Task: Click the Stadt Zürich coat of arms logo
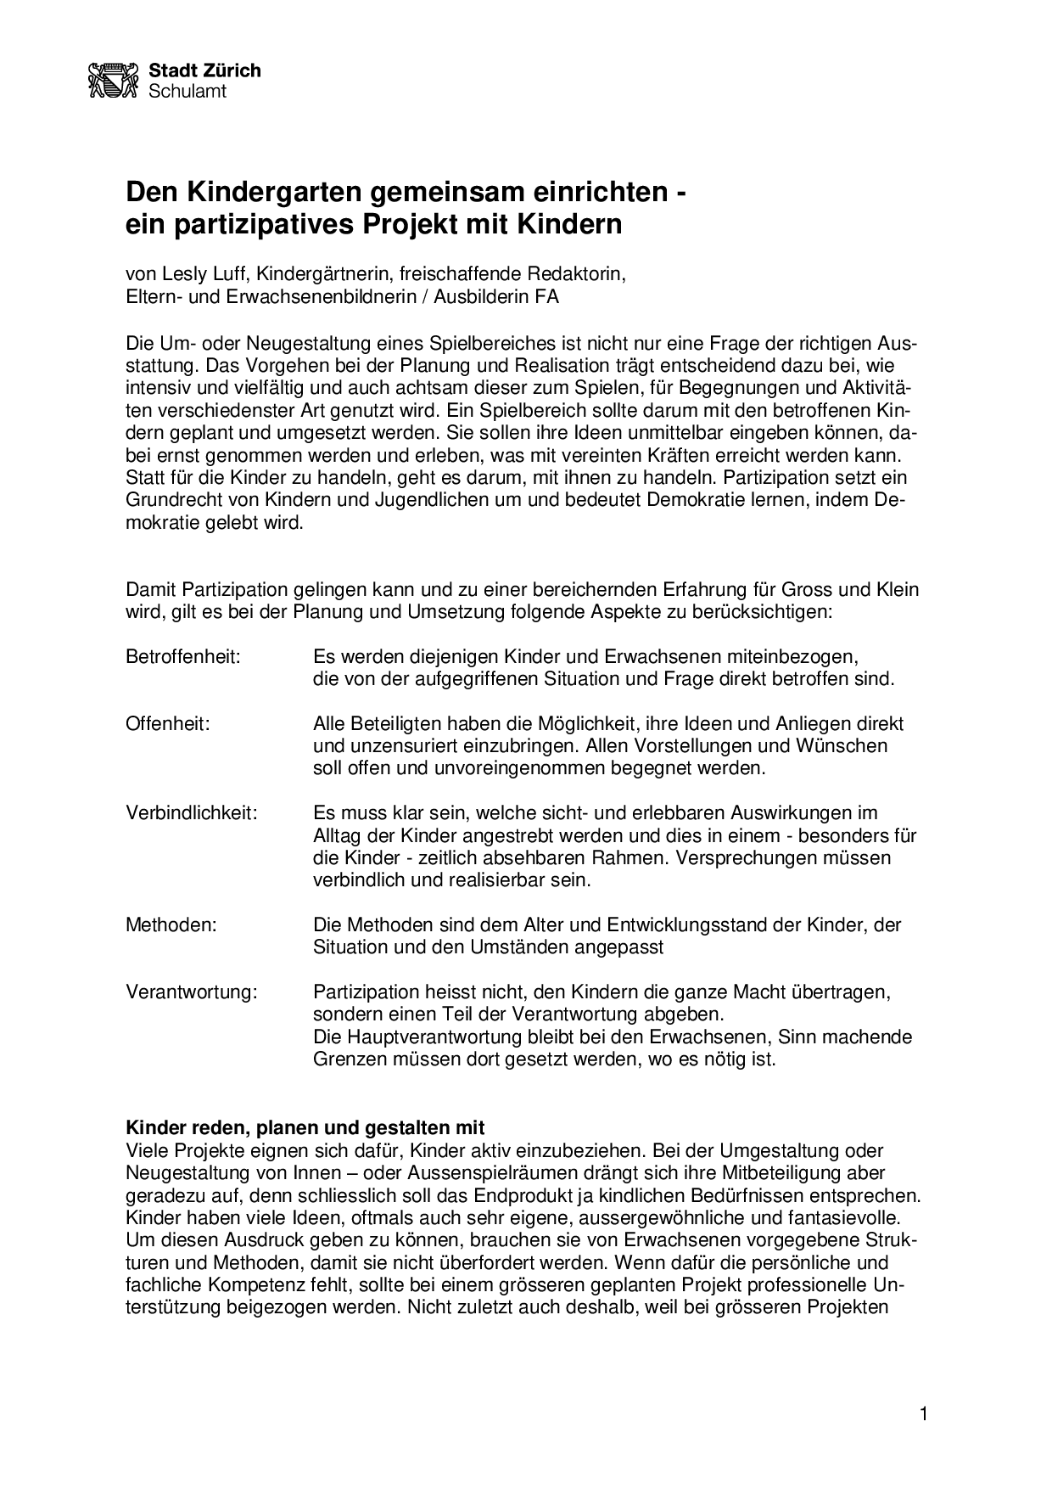pyautogui.click(x=113, y=80)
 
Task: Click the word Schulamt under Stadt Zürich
pyautogui.click(x=187, y=91)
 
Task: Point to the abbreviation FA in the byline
pyautogui.click(x=547, y=297)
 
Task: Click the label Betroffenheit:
pyautogui.click(x=183, y=657)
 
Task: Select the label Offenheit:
pyautogui.click(x=167, y=724)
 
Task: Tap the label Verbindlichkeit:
pyautogui.click(x=191, y=813)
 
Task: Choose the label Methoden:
pyautogui.click(x=171, y=924)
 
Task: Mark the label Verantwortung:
pyautogui.click(x=191, y=992)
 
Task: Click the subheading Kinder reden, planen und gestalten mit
pyautogui.click(x=305, y=1128)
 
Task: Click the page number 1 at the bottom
pyautogui.click(x=924, y=1413)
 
